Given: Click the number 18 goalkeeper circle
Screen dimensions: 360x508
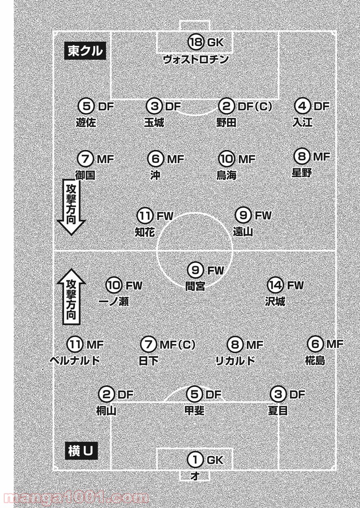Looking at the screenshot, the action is pos(196,42).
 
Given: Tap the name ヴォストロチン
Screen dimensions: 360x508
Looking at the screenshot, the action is pos(196,59).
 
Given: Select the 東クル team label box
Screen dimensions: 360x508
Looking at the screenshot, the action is pos(85,51).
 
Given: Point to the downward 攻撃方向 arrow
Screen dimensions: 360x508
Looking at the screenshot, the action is pos(71,207).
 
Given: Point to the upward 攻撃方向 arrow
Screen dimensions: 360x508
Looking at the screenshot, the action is pos(71,297).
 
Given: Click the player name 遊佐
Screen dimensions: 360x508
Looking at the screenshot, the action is pos(86,123).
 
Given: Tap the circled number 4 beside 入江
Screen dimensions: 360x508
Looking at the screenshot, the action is pos(302,106).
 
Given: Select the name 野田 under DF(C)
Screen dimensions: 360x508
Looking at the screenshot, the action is pos(226,123).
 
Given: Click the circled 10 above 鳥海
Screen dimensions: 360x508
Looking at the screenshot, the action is pos(227,159).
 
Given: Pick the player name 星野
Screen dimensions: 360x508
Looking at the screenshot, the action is pos(302,173).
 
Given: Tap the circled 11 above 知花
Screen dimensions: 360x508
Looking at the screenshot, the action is pos(145,215).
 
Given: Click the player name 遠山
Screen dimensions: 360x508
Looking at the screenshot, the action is pos(243,232).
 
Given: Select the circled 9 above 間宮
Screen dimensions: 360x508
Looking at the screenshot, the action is pos(195,270).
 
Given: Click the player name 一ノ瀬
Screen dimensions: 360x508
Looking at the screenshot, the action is pos(114,301).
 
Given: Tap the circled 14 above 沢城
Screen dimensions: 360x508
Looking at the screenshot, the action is pos(275,285).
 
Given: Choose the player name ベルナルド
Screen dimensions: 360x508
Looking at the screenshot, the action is pos(75,361).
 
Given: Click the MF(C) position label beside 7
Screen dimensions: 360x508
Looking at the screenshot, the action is pos(177,345).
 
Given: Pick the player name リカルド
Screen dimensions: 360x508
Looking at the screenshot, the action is pos(235,361).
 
